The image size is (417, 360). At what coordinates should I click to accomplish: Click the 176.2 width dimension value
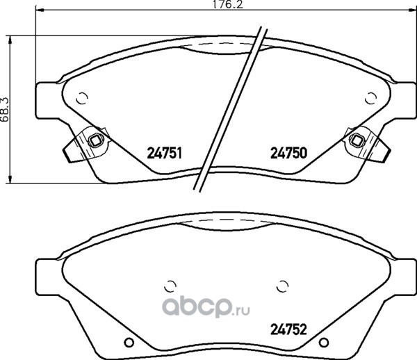(228, 5)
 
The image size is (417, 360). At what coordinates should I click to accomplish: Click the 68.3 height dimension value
(5, 110)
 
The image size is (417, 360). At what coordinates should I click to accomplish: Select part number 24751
(164, 154)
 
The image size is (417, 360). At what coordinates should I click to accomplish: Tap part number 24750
(288, 153)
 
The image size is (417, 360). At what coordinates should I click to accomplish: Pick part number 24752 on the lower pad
(288, 329)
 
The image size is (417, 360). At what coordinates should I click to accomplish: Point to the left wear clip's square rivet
(95, 140)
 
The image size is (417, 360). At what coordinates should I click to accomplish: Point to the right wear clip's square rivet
(356, 140)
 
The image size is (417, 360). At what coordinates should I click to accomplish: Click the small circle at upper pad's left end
(82, 99)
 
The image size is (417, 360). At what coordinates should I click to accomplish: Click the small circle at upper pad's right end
(370, 99)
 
